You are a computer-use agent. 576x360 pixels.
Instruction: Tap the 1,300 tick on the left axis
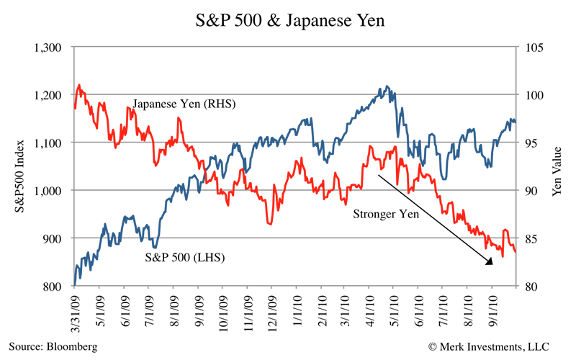click(x=50, y=48)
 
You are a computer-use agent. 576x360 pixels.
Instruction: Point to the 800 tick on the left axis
click(x=58, y=287)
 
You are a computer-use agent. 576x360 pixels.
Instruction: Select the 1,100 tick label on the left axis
click(x=50, y=143)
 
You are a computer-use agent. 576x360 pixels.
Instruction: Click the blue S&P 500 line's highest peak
click(x=387, y=86)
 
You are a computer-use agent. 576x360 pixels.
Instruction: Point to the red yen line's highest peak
click(x=79, y=85)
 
